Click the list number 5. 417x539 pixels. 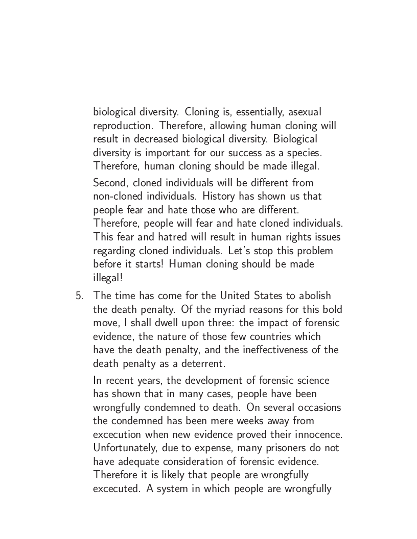[78, 296]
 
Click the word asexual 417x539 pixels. [305, 112]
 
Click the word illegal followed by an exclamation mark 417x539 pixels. [107, 278]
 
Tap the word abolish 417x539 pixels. [314, 296]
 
